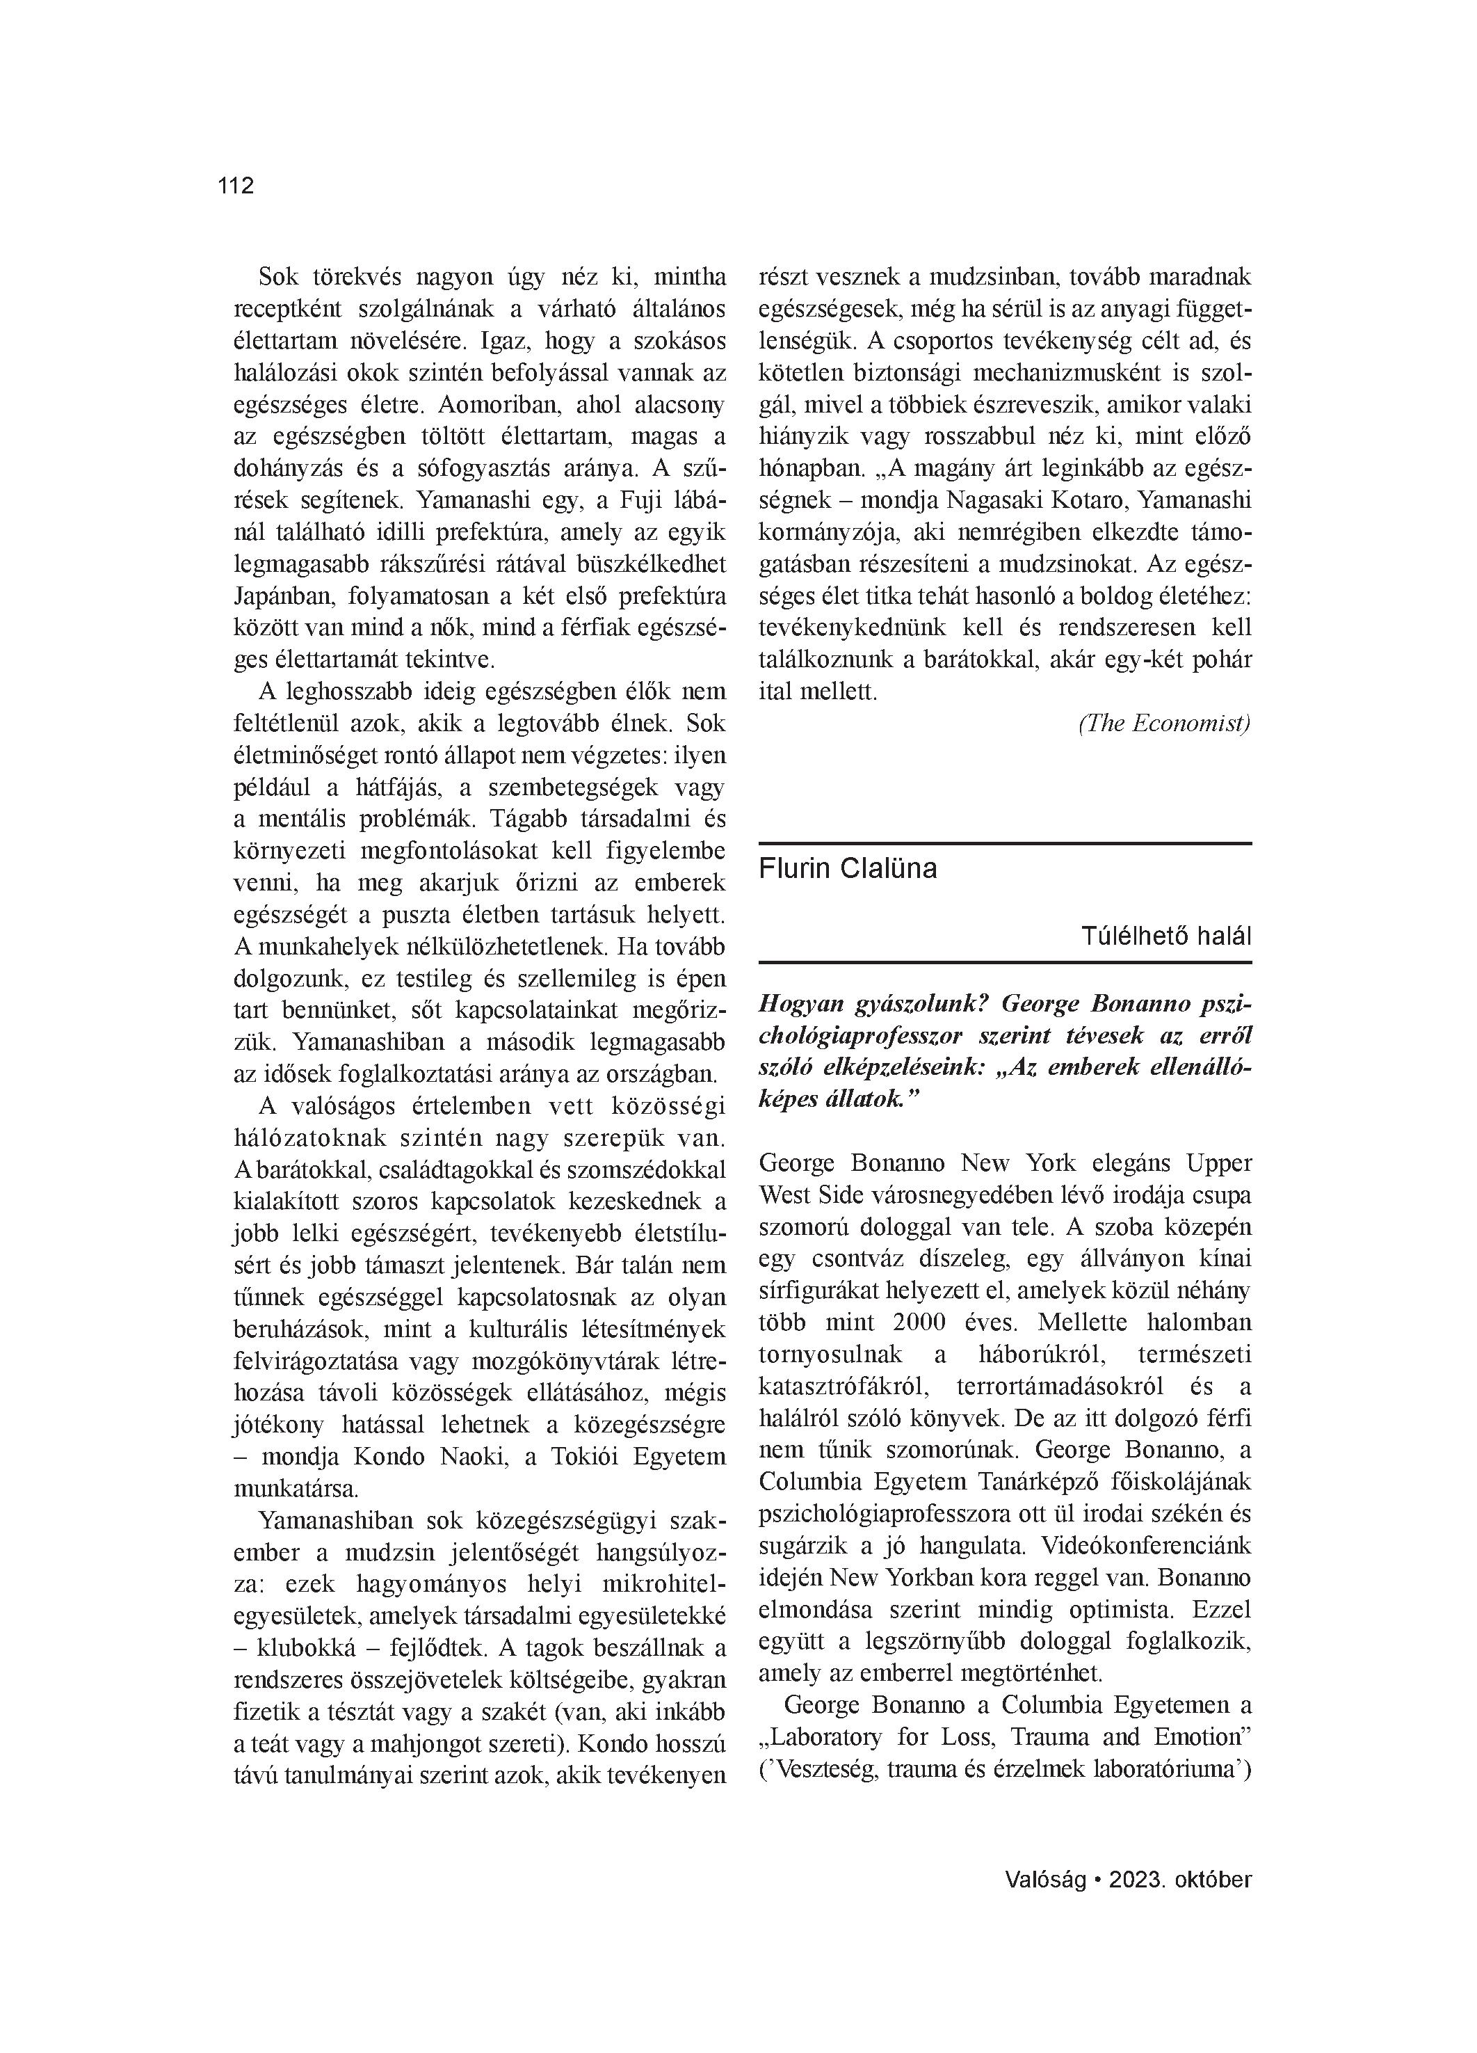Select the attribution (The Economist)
click(1164, 724)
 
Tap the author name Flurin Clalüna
click(848, 869)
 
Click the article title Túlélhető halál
click(1165, 936)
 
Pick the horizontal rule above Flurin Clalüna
click(1005, 844)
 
